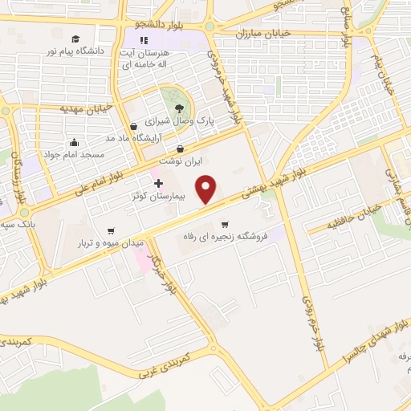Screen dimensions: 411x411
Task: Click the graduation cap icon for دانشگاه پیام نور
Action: coord(75,39)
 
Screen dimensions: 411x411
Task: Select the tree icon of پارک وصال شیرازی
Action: coord(178,108)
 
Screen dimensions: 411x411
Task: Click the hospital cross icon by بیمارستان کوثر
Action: coord(158,183)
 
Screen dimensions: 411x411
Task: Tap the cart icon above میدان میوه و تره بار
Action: coord(109,230)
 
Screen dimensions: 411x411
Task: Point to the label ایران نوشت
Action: coord(179,161)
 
